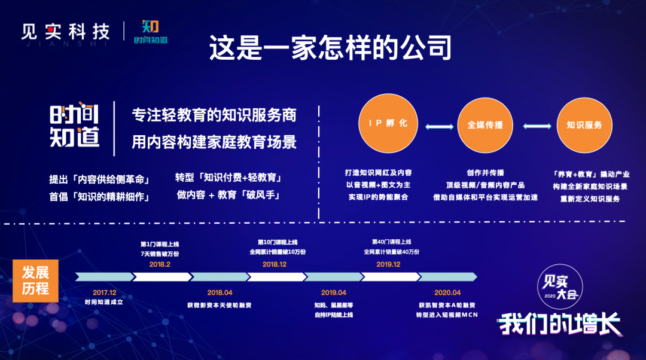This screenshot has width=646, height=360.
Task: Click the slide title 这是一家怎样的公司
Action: click(x=330, y=47)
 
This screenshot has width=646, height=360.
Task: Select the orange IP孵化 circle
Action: click(x=388, y=123)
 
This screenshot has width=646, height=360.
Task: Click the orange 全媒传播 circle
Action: click(x=485, y=125)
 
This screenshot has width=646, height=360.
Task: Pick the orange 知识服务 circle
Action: click(x=584, y=125)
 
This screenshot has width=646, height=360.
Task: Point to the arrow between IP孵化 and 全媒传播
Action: click(x=439, y=127)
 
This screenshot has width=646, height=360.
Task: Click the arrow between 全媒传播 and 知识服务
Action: click(x=537, y=126)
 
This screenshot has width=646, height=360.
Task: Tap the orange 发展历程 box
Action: click(x=35, y=280)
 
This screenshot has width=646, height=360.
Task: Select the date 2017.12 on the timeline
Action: click(x=104, y=292)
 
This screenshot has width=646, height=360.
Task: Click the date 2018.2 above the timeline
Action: click(x=160, y=264)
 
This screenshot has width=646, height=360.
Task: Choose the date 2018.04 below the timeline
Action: click(x=220, y=292)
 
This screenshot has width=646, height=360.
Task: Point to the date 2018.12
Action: click(x=275, y=264)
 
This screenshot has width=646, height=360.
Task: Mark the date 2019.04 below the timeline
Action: click(x=334, y=292)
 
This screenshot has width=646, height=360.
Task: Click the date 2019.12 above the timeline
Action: click(x=389, y=264)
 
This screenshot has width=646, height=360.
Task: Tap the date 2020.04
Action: click(x=447, y=292)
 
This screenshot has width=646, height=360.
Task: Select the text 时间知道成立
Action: click(x=104, y=302)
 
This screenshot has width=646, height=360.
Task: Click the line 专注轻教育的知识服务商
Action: click(x=214, y=115)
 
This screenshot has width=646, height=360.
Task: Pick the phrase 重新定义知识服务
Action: click(x=590, y=199)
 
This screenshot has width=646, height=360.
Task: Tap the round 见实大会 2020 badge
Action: click(x=560, y=286)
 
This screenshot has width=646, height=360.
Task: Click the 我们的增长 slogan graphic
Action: click(x=559, y=324)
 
